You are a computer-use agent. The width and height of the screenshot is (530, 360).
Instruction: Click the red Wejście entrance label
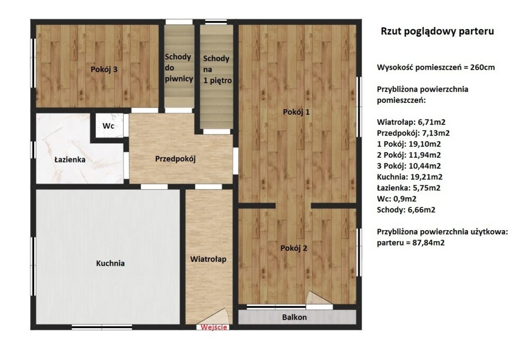[x=214, y=327]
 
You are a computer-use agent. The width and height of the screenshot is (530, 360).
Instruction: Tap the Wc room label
[x=108, y=126]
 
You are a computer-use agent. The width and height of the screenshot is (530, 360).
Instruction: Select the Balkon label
[x=295, y=318]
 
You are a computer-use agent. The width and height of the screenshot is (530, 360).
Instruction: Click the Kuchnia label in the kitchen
[x=110, y=263]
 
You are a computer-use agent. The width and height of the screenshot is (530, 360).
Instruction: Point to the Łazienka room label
[x=70, y=159]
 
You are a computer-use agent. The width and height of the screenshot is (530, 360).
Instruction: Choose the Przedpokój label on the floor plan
[x=175, y=159]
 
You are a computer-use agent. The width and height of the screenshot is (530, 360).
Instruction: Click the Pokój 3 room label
[x=104, y=69]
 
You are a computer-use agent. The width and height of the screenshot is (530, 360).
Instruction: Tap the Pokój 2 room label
[x=294, y=248]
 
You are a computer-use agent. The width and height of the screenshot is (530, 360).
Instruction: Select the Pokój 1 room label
[x=296, y=112]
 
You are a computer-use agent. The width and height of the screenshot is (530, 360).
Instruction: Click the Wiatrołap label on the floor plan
[x=208, y=259]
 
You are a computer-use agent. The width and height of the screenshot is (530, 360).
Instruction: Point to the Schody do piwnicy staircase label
[x=179, y=68]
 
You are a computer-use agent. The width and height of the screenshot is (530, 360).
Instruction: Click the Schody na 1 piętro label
[x=217, y=69]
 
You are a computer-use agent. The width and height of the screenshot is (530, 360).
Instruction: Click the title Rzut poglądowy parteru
[x=437, y=31]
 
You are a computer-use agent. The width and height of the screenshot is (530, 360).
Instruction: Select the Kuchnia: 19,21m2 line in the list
[x=410, y=176]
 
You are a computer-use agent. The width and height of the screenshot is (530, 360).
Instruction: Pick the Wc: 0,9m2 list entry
[x=396, y=199]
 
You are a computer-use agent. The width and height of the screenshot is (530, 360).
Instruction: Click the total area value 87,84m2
[x=429, y=243]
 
